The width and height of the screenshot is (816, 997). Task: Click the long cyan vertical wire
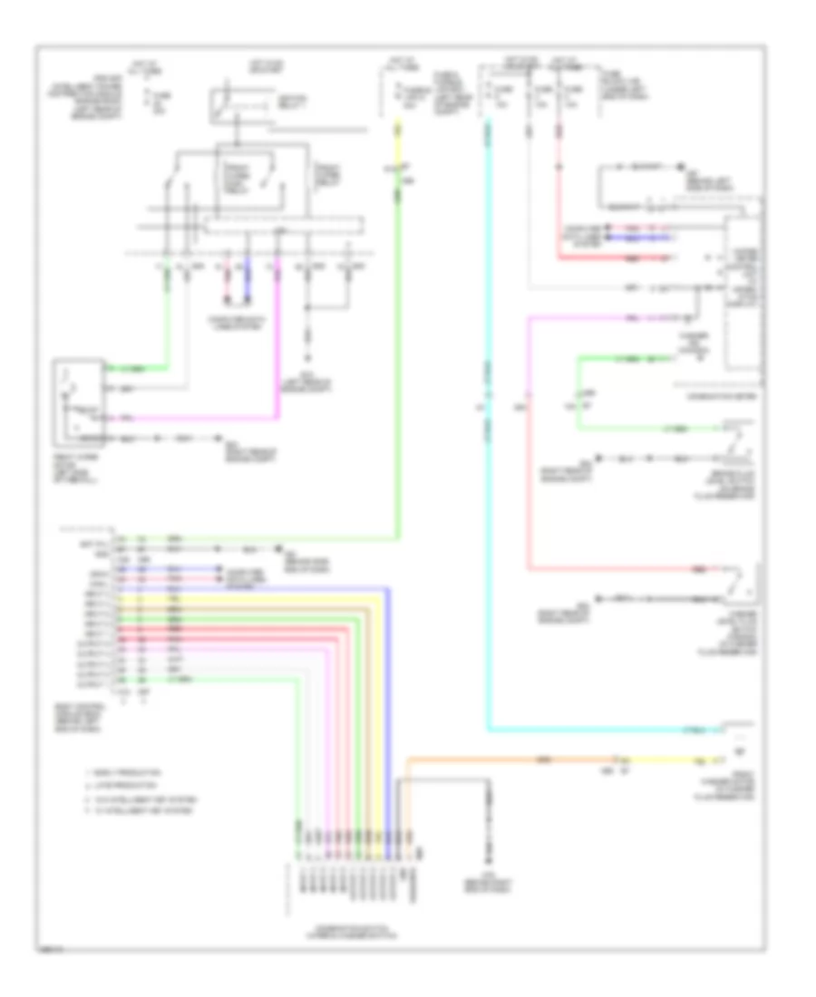[x=488, y=453]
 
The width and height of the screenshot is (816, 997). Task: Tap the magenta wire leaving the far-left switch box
[x=199, y=419]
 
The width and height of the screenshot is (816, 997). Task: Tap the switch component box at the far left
[x=79, y=403]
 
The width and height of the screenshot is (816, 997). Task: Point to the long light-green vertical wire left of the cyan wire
[x=397, y=363]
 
